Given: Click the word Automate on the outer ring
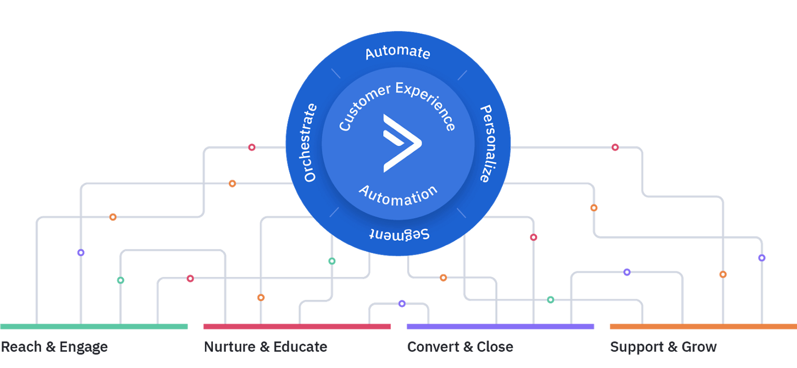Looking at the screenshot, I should point(397,52).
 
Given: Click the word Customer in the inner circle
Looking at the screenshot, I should point(364,107).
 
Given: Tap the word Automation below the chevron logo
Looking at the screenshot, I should point(398,196).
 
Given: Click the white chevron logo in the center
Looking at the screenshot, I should point(401,143).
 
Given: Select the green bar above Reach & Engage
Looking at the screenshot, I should point(94,327).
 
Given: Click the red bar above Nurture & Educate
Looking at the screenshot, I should point(297,327).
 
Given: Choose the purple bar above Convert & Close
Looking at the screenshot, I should point(500,327).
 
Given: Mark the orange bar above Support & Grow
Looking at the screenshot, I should point(703,327).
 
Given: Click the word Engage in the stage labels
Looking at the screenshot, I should point(83,347).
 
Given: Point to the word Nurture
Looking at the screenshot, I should point(230,347).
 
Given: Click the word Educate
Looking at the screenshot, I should point(300,347).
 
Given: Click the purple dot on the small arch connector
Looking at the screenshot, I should point(402,304).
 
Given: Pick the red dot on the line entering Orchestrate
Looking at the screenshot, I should point(252,147).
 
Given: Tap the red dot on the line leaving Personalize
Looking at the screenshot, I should point(615,147).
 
